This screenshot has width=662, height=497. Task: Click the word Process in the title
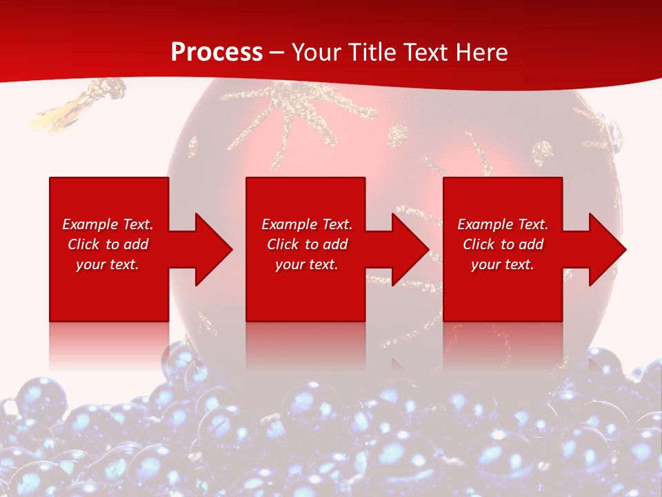click(x=217, y=52)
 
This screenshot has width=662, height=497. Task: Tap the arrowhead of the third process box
click(x=607, y=249)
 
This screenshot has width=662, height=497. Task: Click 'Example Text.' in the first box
click(x=108, y=224)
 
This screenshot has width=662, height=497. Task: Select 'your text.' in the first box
click(x=108, y=264)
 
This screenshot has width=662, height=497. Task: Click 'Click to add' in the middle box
click(x=307, y=244)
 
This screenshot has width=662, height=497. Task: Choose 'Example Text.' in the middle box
click(x=307, y=224)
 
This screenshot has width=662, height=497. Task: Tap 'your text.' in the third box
click(x=503, y=264)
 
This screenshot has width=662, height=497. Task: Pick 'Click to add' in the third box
click(x=503, y=244)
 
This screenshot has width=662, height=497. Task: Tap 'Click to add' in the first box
click(x=108, y=244)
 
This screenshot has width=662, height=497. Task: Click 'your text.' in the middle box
click(x=307, y=264)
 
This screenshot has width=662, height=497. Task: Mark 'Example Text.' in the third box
click(x=503, y=224)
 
